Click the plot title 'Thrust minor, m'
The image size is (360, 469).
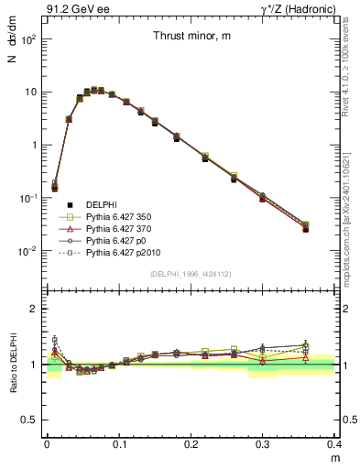click(x=191, y=36)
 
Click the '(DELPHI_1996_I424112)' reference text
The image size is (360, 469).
click(x=191, y=273)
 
